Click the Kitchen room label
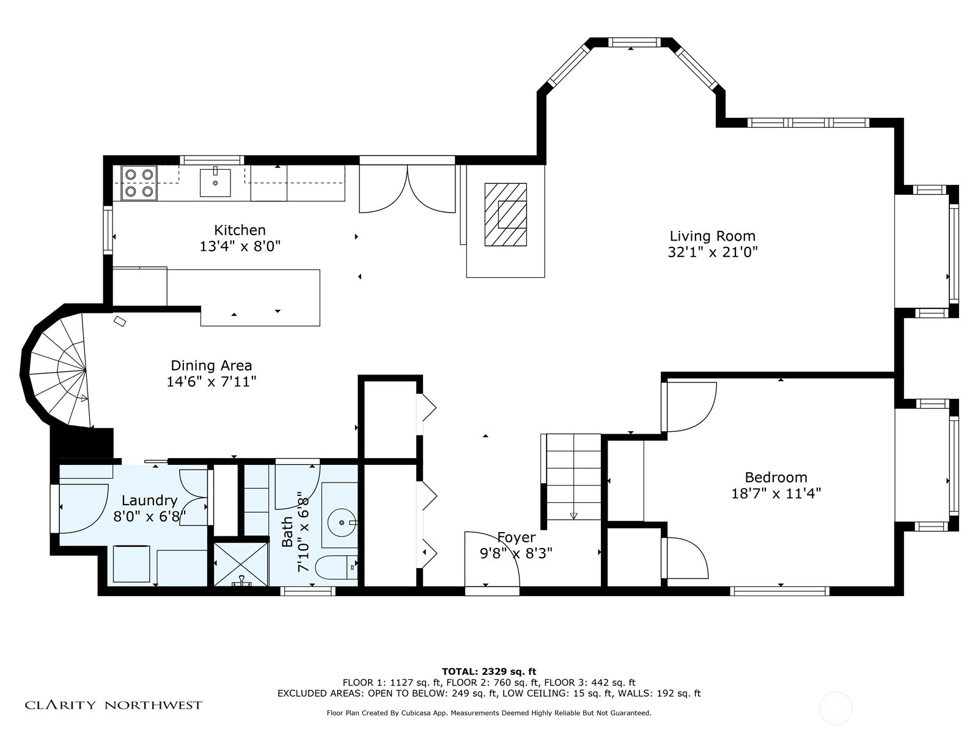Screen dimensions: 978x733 (240, 230)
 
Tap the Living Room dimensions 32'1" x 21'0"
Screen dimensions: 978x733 (713, 252)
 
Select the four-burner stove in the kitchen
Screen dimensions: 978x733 (139, 183)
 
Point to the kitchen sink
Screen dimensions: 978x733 (215, 182)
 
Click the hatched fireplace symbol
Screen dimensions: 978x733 (506, 214)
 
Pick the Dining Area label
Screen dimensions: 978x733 (211, 366)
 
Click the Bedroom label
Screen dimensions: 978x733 (776, 478)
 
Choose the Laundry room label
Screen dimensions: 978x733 (149, 501)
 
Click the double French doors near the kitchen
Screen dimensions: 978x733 (407, 189)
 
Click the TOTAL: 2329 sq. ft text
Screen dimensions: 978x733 (489, 671)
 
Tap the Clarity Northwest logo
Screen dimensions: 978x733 (114, 705)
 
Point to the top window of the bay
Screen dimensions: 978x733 (634, 42)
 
